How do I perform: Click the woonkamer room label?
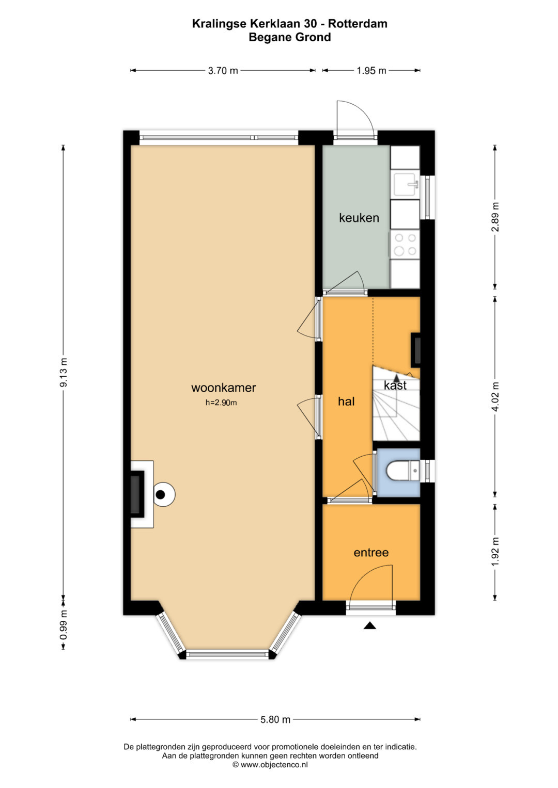[x=223, y=388]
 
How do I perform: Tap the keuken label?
[x=359, y=218]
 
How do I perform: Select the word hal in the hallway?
[x=346, y=401]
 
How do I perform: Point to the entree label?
[x=371, y=552]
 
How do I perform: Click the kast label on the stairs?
[x=395, y=385]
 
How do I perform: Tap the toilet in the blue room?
[x=402, y=471]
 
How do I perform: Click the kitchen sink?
[x=406, y=184]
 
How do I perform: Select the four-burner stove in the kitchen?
[x=405, y=244]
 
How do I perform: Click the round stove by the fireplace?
[x=164, y=494]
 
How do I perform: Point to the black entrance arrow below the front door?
[x=369, y=625]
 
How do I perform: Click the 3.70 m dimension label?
[x=223, y=71]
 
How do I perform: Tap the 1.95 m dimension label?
[x=371, y=71]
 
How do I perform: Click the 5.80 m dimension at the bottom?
[x=275, y=719]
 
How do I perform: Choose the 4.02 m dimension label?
[x=495, y=396]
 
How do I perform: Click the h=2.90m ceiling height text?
[x=221, y=403]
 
